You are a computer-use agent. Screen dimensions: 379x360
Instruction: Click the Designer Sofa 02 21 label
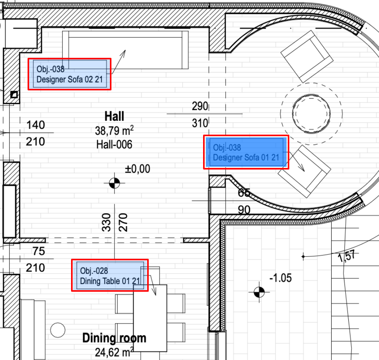coord(70,74)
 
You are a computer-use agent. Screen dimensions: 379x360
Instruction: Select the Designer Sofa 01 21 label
coord(246,152)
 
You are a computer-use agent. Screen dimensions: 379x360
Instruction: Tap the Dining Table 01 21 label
coord(110,275)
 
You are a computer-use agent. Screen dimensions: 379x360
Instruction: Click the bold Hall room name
coord(114,116)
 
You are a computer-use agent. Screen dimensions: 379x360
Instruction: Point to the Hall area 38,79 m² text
coord(114,131)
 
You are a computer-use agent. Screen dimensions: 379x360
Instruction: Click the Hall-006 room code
coord(114,145)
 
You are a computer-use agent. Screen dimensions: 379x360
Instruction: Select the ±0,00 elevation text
coord(137,169)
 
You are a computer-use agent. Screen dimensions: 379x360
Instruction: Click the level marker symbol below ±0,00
coord(114,183)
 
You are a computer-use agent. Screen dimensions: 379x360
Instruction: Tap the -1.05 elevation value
coord(281,278)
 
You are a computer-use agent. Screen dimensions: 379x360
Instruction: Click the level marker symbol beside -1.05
coord(259,292)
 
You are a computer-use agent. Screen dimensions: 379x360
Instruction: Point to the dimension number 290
coord(200,106)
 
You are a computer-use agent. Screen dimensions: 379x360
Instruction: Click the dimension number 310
coord(200,123)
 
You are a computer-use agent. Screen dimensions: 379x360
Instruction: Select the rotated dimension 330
coord(106,222)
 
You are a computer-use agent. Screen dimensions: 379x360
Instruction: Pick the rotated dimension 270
coord(123,222)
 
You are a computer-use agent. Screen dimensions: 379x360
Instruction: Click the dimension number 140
coord(36,125)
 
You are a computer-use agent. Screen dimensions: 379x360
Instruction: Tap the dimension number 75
coord(39,251)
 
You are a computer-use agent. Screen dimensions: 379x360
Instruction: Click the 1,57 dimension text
coord(347,256)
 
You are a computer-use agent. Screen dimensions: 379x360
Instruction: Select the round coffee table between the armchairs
coord(311,114)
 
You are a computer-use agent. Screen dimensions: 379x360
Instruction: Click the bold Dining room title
coord(114,338)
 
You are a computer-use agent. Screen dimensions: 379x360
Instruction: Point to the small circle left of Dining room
coord(58,330)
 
